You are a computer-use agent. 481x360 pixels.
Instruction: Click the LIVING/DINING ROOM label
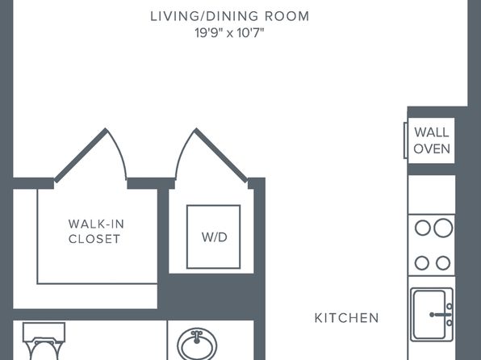(230, 16)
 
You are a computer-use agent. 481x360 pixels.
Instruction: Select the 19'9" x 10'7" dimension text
(229, 33)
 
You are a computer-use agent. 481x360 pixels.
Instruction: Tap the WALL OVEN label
(432, 140)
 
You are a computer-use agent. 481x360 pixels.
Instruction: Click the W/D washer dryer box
(214, 237)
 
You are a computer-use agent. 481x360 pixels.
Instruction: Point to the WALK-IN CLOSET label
(96, 231)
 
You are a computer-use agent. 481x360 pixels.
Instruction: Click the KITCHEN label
(347, 318)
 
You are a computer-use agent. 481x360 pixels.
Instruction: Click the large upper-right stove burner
(443, 228)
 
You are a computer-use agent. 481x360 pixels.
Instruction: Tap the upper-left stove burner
(422, 228)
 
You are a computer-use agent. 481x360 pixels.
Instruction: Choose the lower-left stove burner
(422, 263)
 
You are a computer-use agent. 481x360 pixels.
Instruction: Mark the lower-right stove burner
(443, 263)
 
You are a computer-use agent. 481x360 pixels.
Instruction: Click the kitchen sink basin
(429, 314)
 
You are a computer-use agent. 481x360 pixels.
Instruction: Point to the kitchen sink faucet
(441, 314)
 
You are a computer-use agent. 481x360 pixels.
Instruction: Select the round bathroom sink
(197, 345)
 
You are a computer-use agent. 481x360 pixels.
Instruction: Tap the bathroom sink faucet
(197, 337)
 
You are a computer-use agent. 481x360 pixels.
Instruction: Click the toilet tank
(44, 332)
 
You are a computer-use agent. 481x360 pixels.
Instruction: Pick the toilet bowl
(44, 350)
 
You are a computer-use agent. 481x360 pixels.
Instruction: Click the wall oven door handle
(405, 140)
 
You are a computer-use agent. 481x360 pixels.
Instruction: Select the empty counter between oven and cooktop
(431, 195)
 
